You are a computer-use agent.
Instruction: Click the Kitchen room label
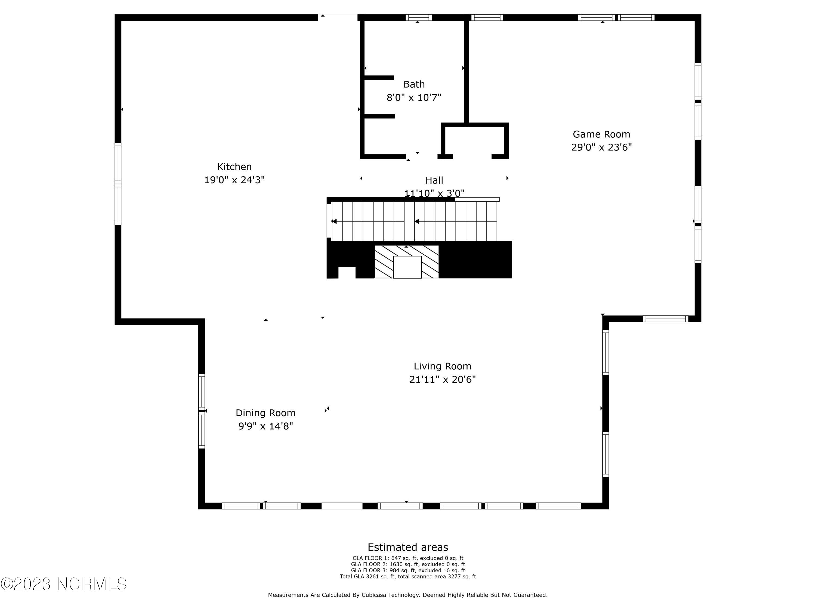tap(234, 167)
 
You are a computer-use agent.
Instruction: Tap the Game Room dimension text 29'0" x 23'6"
tap(601, 147)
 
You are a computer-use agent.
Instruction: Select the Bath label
tap(414, 85)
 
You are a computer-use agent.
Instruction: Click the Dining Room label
tap(265, 413)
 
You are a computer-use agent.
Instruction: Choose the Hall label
tap(434, 180)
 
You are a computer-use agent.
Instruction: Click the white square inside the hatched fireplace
tap(407, 267)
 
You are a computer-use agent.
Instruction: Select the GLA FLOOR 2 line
tap(408, 564)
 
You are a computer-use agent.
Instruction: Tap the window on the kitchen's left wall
tap(118, 184)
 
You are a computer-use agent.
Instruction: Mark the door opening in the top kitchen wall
tap(338, 17)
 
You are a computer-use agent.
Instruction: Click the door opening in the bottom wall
tap(342, 506)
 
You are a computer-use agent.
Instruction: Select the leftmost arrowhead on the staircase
tap(334, 221)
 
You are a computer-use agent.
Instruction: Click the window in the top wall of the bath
tap(418, 17)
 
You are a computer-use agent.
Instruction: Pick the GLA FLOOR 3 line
tap(408, 570)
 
